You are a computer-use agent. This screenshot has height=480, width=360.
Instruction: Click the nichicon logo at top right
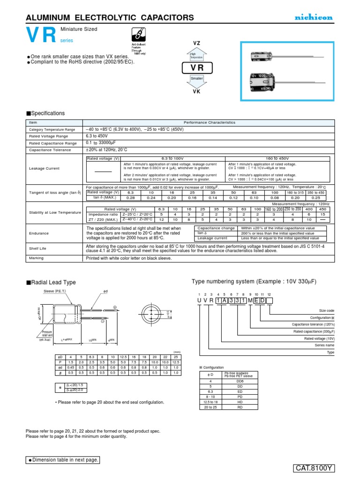pyautogui.click(x=314, y=17)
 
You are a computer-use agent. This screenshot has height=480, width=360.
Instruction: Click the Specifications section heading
pyautogui.click(x=45, y=113)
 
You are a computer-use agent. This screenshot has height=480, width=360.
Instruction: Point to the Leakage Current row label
pyautogui.click(x=45, y=168)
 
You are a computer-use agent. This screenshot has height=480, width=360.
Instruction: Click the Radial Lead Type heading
pyautogui.click(x=51, y=282)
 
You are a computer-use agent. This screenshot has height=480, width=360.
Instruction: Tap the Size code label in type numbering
pyautogui.click(x=326, y=310)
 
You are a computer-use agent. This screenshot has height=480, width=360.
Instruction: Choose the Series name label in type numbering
pyautogui.click(x=325, y=345)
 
